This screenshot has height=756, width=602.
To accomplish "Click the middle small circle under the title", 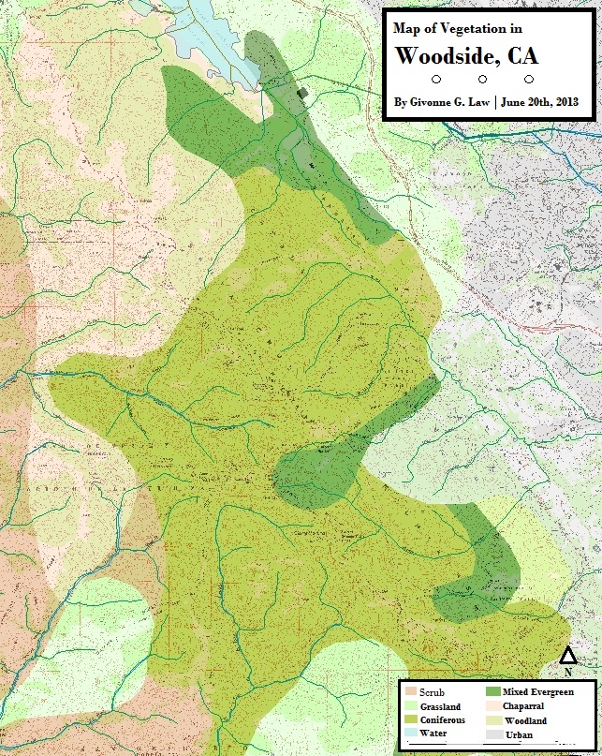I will click(483, 80).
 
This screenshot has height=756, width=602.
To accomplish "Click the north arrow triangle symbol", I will click(567, 655).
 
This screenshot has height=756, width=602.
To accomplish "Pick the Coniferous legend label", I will click(443, 721).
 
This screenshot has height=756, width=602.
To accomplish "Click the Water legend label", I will click(433, 735).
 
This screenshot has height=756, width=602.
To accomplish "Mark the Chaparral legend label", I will click(524, 706).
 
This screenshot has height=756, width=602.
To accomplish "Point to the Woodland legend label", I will click(524, 721).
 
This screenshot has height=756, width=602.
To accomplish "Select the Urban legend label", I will click(518, 735).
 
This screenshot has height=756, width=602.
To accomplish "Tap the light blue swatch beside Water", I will click(411, 735).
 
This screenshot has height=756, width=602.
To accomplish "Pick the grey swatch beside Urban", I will click(492, 735).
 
